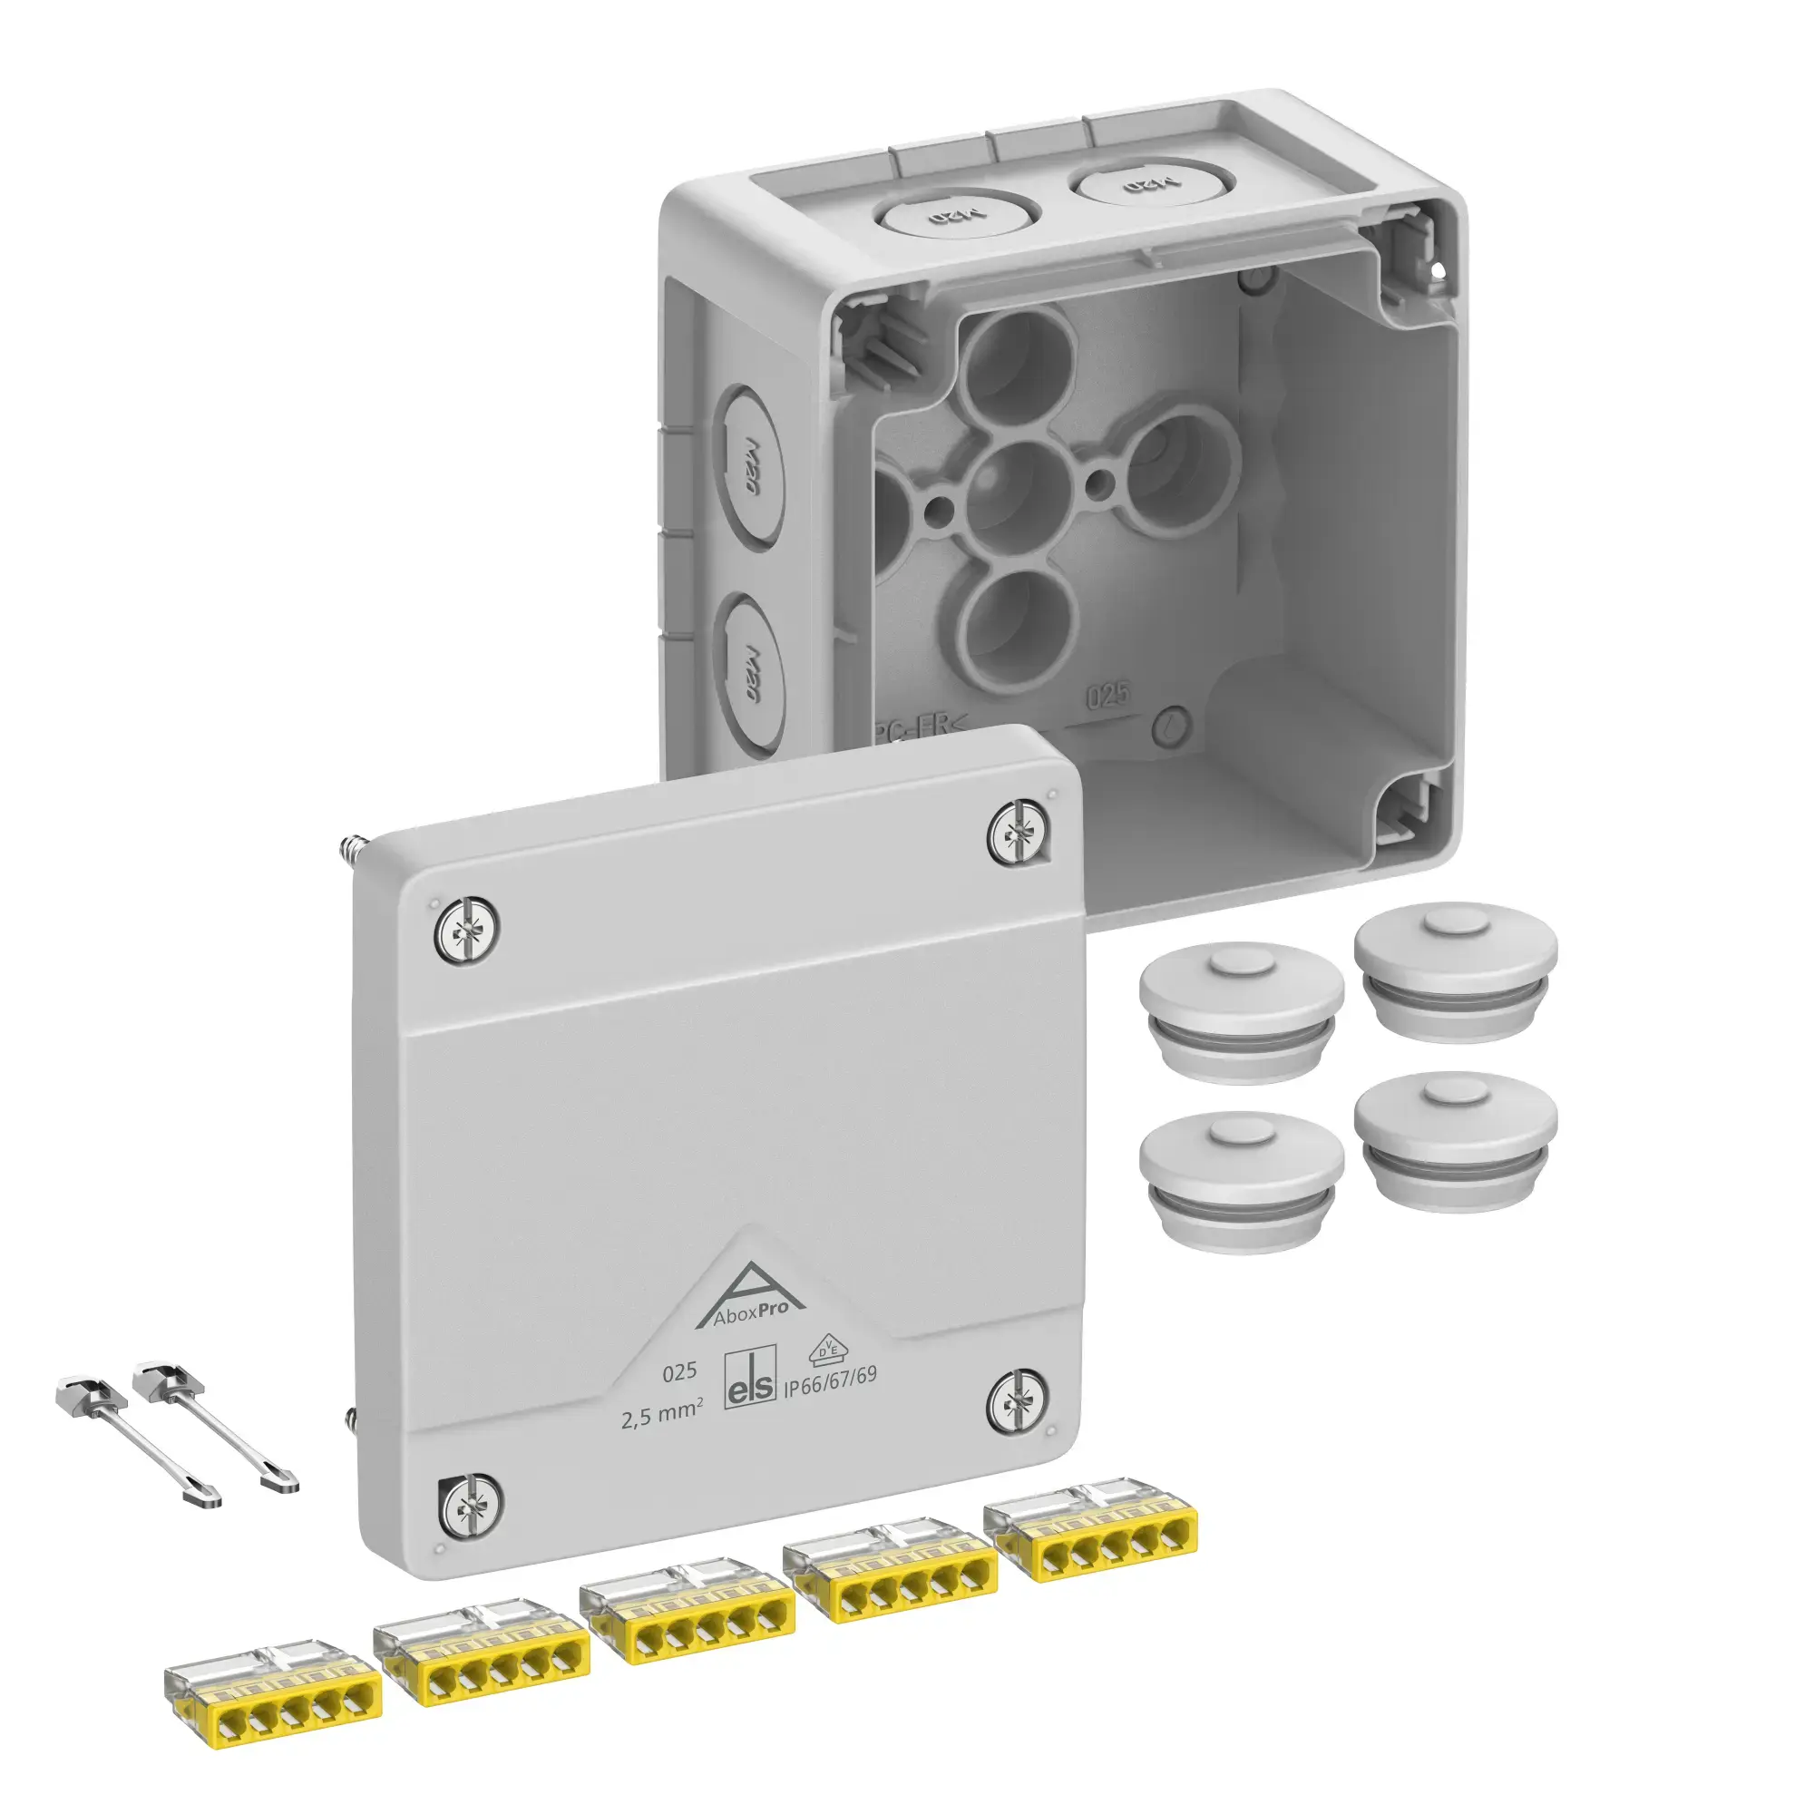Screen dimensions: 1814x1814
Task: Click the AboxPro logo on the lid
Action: click(749, 1300)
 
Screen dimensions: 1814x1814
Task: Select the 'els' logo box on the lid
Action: click(751, 1380)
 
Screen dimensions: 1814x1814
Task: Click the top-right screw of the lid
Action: click(1019, 834)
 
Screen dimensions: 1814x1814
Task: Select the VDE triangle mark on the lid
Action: click(825, 1349)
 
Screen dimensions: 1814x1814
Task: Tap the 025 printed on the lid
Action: click(678, 1371)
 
